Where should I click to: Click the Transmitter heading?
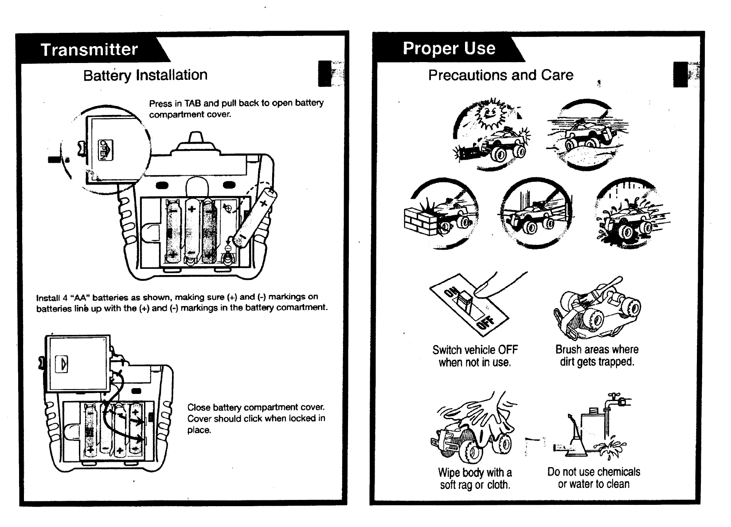coord(89,49)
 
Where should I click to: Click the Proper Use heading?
coord(449,48)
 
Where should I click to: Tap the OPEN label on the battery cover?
coord(103,149)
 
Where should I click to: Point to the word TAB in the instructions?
coord(193,103)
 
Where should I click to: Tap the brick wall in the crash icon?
coord(419,220)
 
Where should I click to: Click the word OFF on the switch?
coord(485,326)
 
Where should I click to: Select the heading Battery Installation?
coord(145,75)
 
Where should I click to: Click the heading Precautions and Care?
coord(500,75)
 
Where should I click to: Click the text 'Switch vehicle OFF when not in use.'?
coord(475,356)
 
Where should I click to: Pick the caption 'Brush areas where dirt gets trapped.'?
coord(597,355)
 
